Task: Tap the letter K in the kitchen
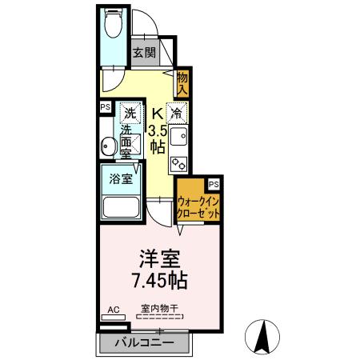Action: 158,113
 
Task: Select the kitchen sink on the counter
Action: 178,137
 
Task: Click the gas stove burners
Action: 178,162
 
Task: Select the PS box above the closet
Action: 212,183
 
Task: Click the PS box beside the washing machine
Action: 105,106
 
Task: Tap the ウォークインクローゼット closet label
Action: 199,208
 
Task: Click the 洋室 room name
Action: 159,261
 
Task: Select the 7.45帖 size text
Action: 159,282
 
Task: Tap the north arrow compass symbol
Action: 262,336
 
